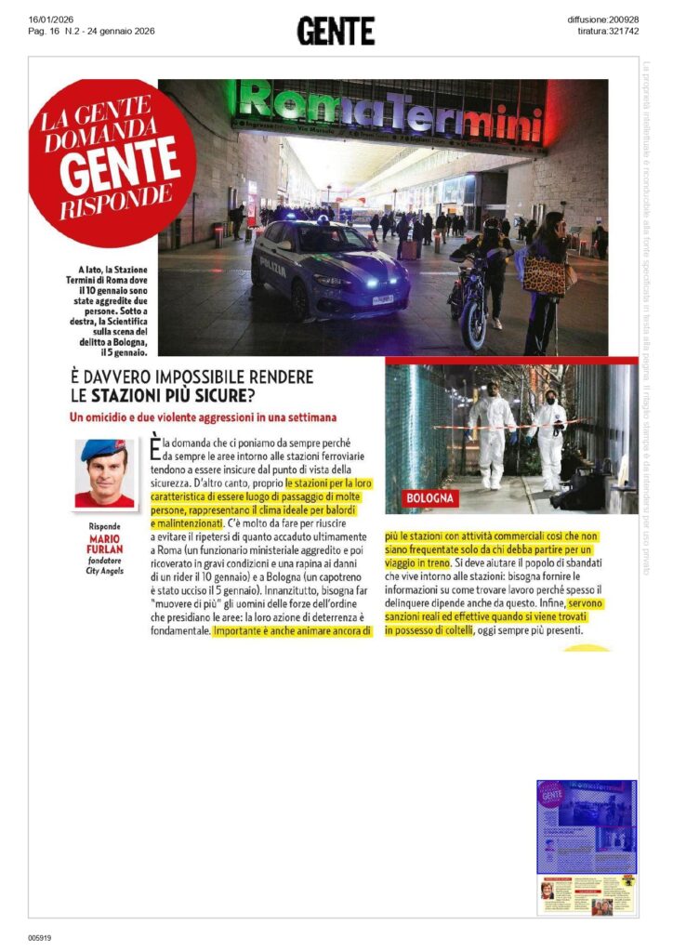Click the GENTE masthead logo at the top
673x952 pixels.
(x=336, y=31)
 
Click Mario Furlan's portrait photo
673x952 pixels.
(x=103, y=472)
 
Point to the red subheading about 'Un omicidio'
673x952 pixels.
(x=204, y=416)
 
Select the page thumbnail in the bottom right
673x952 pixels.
(x=587, y=835)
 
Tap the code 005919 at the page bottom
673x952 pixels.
(x=40, y=937)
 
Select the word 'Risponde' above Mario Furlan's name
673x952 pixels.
(x=103, y=526)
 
